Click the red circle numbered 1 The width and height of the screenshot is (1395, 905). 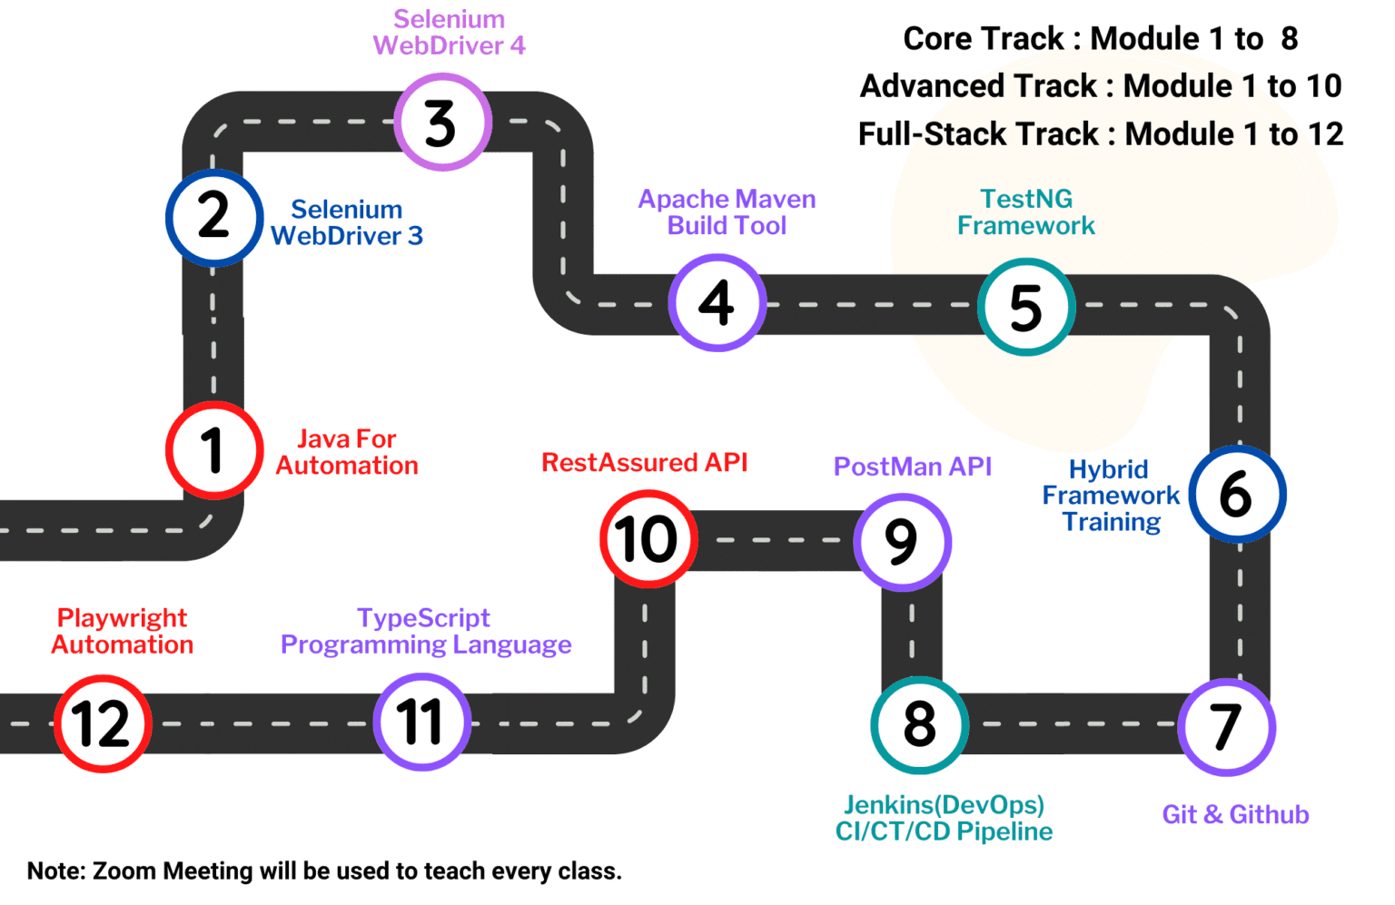click(214, 450)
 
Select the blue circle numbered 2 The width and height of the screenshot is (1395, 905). click(214, 218)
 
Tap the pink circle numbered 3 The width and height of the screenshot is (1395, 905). click(442, 123)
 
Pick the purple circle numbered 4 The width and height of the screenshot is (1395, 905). click(717, 302)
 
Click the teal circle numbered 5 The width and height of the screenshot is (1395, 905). click(1026, 307)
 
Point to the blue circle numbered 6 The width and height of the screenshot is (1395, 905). click(1237, 495)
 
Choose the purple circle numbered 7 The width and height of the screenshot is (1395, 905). click(1227, 727)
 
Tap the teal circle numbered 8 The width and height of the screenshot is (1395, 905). click(920, 724)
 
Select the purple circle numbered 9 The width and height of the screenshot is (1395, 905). click(902, 542)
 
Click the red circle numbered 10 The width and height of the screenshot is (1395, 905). click(648, 539)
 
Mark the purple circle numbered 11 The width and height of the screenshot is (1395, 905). click(421, 723)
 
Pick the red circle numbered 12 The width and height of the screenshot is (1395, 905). click(103, 724)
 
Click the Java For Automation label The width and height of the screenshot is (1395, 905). click(347, 452)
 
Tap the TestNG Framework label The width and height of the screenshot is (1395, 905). click(1026, 211)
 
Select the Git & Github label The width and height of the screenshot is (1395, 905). click(1235, 814)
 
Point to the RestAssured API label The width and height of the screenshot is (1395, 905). click(644, 463)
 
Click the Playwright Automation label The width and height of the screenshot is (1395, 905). click(123, 631)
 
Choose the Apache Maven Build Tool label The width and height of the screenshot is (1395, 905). click(727, 211)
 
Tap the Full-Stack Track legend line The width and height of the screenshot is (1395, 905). click(1100, 134)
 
